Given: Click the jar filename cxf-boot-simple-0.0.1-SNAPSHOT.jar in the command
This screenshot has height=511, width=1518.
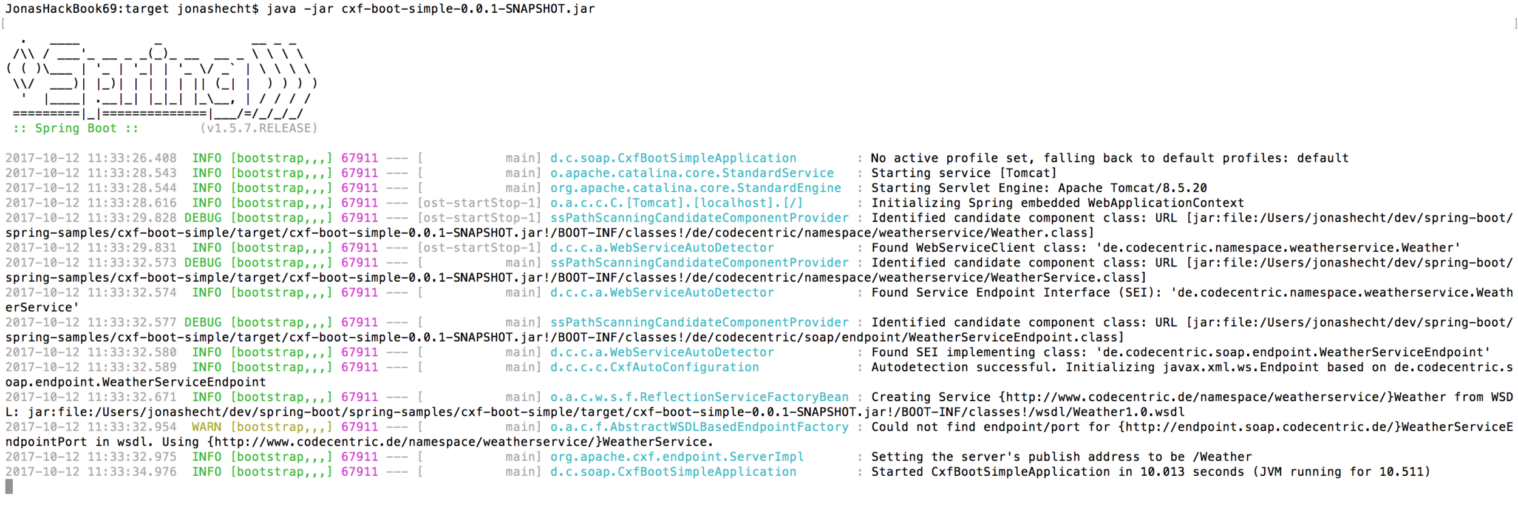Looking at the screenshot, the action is [468, 9].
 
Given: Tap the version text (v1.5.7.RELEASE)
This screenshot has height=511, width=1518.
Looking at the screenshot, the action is [259, 128].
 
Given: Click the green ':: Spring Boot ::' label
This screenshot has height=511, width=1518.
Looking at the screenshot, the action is [76, 128].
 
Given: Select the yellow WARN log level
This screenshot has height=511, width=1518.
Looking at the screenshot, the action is [206, 427].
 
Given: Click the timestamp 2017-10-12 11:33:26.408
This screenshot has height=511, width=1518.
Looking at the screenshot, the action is [91, 158].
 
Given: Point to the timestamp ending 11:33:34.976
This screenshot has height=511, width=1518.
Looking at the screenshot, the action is [91, 472].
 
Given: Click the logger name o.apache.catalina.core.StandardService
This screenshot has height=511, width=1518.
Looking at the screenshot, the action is [692, 173].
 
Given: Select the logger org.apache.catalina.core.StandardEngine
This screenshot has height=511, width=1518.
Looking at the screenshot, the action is [695, 188].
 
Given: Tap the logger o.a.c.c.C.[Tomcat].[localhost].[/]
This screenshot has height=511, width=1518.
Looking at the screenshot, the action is [676, 203].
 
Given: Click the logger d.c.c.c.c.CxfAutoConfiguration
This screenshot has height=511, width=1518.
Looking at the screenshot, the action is [654, 367].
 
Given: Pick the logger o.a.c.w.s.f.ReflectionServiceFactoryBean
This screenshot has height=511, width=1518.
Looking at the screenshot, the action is [699, 397].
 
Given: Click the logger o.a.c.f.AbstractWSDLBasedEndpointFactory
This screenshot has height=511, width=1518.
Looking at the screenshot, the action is [699, 427].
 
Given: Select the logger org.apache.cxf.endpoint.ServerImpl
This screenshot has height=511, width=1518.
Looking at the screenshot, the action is [676, 456].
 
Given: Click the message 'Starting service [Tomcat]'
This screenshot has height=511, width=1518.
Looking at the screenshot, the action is [964, 173].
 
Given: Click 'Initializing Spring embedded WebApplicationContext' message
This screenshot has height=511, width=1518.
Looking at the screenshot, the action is [1057, 203].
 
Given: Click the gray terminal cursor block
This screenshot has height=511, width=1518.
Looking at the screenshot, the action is [9, 486].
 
